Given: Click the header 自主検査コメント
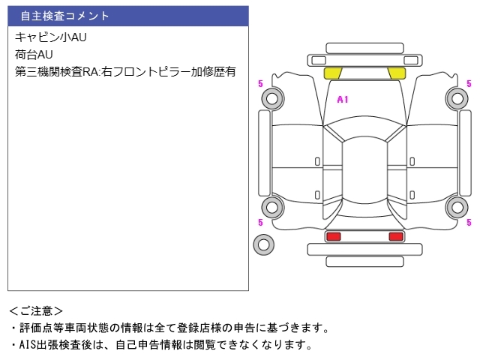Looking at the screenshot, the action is click(x=64, y=16).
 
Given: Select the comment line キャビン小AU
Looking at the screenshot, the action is click(x=51, y=37).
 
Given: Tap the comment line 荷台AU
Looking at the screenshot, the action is click(x=34, y=55).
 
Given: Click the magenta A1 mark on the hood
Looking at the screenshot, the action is click(x=343, y=100).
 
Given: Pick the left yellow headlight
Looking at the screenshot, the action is click(x=333, y=73).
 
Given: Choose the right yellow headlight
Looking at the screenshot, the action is click(x=397, y=73).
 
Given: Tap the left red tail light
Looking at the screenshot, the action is click(x=333, y=236).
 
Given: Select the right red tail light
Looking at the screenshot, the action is click(x=396, y=236).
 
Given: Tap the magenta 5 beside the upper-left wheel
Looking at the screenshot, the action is click(x=260, y=83).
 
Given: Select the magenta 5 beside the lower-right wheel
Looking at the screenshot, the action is click(x=469, y=222).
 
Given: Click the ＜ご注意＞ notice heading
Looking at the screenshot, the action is click(x=36, y=311).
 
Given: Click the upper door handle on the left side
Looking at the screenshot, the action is click(x=317, y=162).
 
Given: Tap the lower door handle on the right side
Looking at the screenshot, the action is click(x=412, y=195).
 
